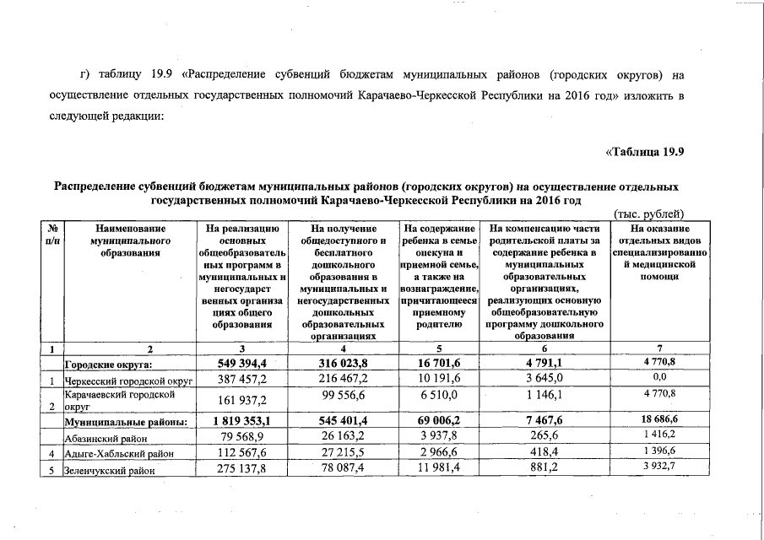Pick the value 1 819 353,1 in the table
click(241, 420)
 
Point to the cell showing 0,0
click(659, 379)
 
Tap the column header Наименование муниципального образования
click(130, 240)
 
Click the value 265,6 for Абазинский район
click(544, 437)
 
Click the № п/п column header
click(51, 234)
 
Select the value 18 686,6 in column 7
click(659, 419)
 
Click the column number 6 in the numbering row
click(544, 348)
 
